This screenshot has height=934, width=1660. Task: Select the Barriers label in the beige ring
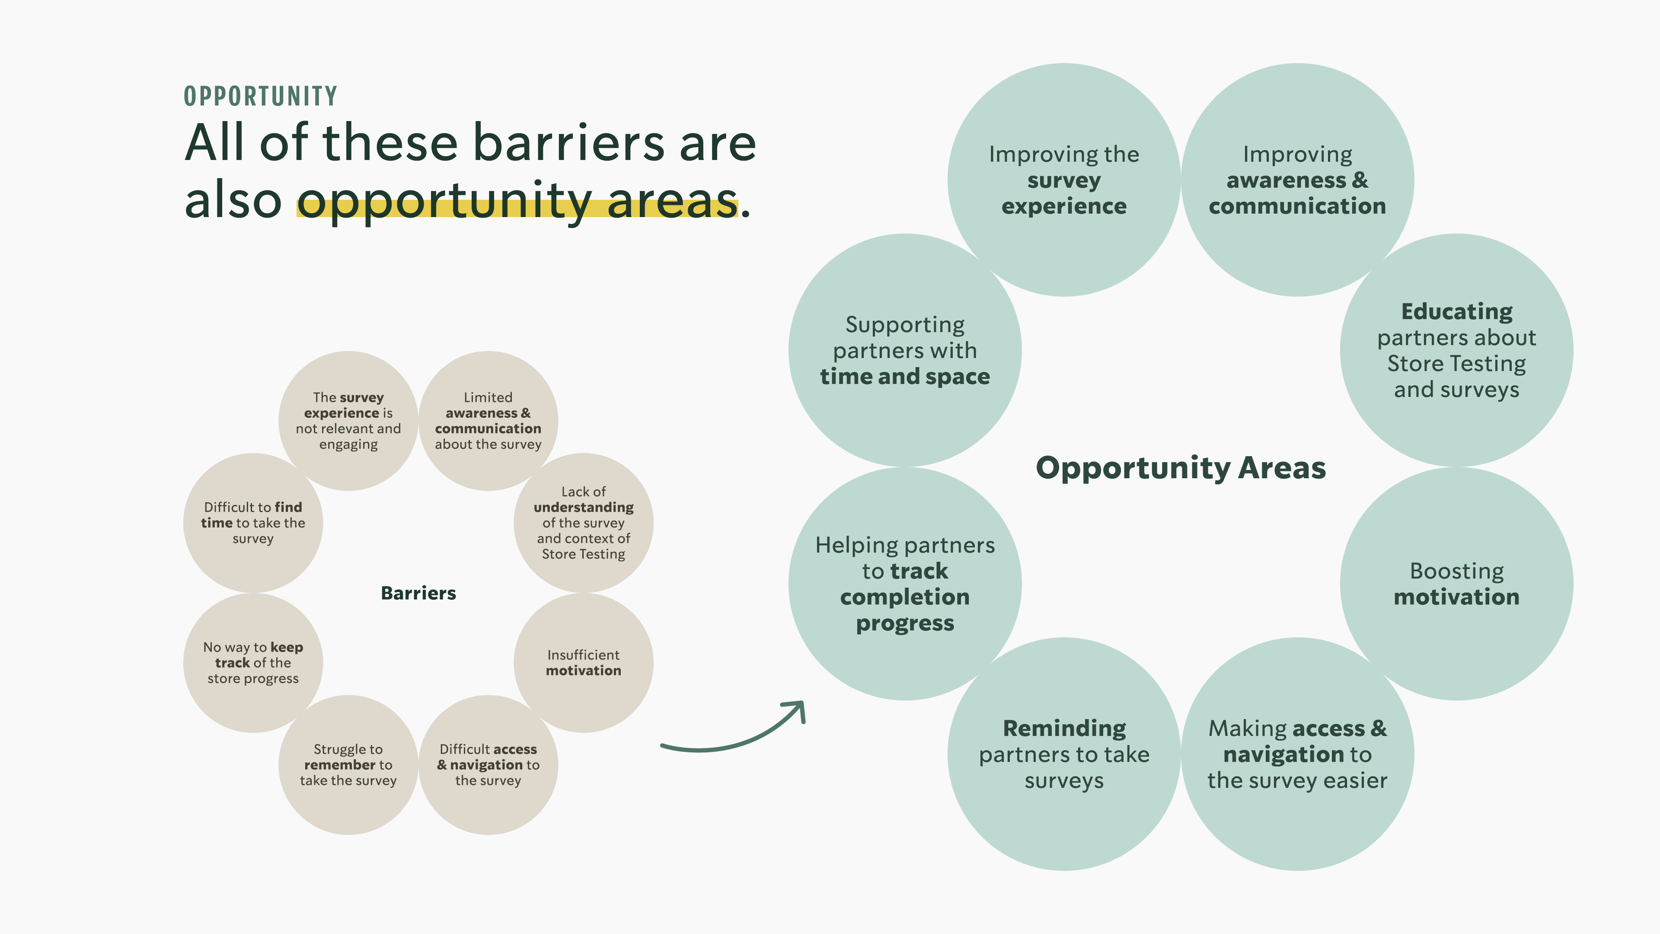coord(418,593)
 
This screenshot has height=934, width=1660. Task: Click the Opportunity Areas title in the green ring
coord(1181,467)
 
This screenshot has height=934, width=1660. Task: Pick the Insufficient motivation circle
coord(583,662)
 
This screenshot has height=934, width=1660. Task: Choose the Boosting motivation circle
coord(1456,584)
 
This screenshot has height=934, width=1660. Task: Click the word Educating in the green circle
coord(1456,312)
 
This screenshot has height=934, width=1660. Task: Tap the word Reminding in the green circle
coord(1064,728)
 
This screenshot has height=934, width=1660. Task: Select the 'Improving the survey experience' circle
coord(1064,180)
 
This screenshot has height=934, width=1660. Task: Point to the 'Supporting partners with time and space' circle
coord(905,350)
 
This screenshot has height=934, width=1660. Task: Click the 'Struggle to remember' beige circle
coord(348,764)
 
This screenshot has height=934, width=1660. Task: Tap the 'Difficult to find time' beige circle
coord(252,523)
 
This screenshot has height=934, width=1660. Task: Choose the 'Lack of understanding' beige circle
coord(583,523)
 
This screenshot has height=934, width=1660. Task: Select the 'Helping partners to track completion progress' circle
coord(905,584)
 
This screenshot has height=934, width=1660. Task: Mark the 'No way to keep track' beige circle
coord(252,662)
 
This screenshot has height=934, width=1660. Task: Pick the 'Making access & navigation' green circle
coord(1297,754)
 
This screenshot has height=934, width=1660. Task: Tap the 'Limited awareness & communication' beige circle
coord(488,420)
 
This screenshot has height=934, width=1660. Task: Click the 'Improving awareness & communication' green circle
coord(1297,180)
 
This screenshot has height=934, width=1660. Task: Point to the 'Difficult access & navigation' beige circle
coord(488,764)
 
